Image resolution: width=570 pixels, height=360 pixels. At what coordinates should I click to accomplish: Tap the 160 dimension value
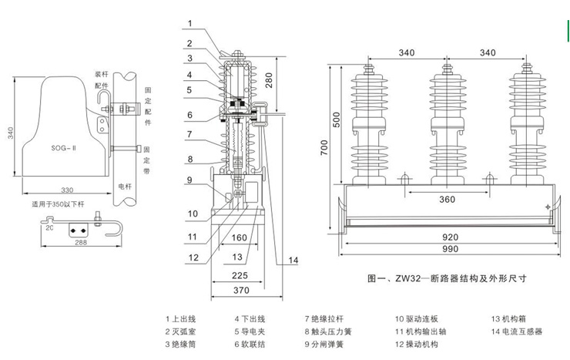[x=239, y=238]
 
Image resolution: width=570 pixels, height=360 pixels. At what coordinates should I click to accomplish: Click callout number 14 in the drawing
[x=292, y=261]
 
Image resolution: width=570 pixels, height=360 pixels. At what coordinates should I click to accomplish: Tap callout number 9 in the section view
[x=188, y=180]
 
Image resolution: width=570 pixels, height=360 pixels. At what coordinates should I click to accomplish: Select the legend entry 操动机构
[x=420, y=344]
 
